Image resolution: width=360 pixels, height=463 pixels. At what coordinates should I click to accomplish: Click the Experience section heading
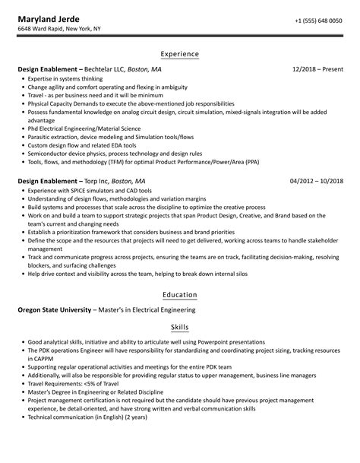pyautogui.click(x=180, y=54)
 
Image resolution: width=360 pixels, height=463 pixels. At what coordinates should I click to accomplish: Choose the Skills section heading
pyautogui.click(x=180, y=324)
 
